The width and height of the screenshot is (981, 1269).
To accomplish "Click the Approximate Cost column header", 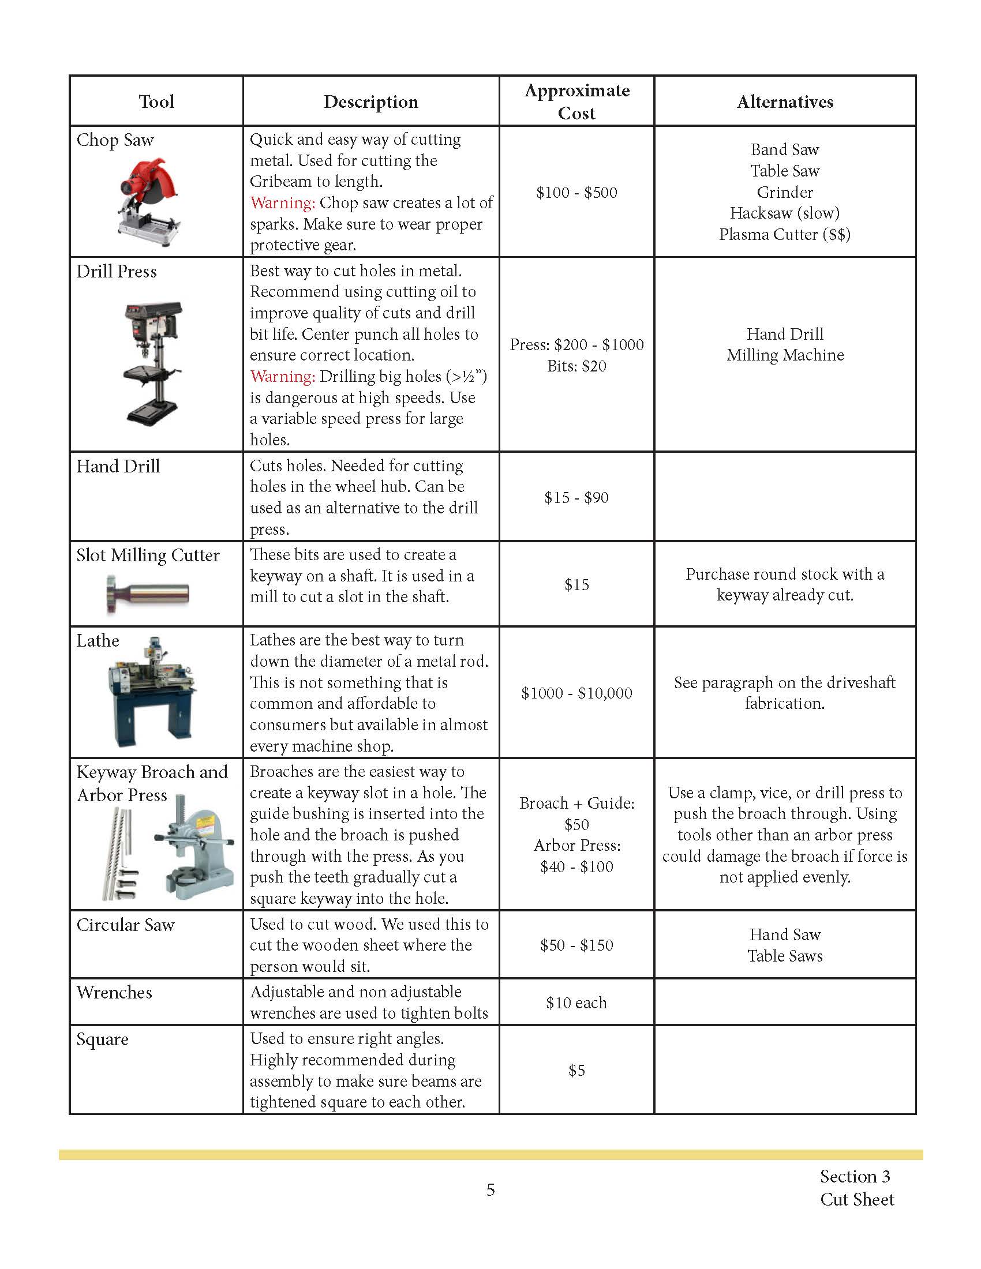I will click(x=576, y=101).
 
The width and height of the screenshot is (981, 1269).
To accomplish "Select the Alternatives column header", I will click(x=785, y=102).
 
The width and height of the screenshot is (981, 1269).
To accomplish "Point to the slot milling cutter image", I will click(x=148, y=593).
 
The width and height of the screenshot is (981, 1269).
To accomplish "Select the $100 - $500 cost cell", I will click(x=576, y=192).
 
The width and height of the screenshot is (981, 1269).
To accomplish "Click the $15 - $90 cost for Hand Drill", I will click(x=576, y=497).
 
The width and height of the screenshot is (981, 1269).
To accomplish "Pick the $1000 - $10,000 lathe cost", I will click(x=576, y=693).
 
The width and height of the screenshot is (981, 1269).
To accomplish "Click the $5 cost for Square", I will click(x=576, y=1070).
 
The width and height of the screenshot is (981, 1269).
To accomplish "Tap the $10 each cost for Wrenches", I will click(x=576, y=1003).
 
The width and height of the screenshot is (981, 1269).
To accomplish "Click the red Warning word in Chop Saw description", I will click(x=282, y=203).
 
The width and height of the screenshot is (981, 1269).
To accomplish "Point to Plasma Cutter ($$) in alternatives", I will click(x=785, y=234).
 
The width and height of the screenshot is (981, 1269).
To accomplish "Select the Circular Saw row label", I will click(x=126, y=925).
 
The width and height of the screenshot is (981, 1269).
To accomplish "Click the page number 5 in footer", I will click(x=490, y=1190).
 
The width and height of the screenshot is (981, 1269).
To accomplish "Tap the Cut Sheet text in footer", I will click(x=856, y=1199).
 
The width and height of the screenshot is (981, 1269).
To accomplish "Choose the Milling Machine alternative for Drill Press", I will click(x=785, y=355).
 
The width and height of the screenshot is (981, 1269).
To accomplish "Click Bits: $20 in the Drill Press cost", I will click(x=576, y=366).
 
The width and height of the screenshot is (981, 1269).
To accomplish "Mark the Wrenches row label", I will click(x=114, y=993).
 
